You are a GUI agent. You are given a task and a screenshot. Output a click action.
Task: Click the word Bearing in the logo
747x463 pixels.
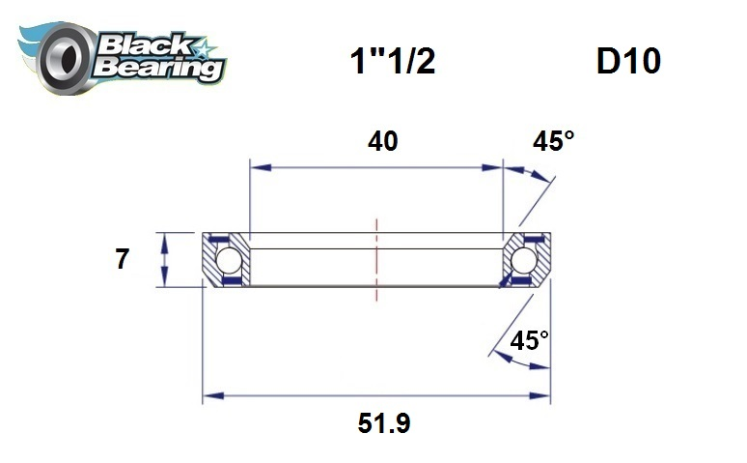[159, 68]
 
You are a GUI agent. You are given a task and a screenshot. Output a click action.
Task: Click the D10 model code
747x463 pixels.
[627, 61]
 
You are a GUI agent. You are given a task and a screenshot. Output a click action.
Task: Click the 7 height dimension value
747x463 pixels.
[122, 260]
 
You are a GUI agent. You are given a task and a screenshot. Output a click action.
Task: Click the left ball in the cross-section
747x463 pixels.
[228, 260]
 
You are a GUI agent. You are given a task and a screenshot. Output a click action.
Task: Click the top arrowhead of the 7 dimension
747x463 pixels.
[165, 239]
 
